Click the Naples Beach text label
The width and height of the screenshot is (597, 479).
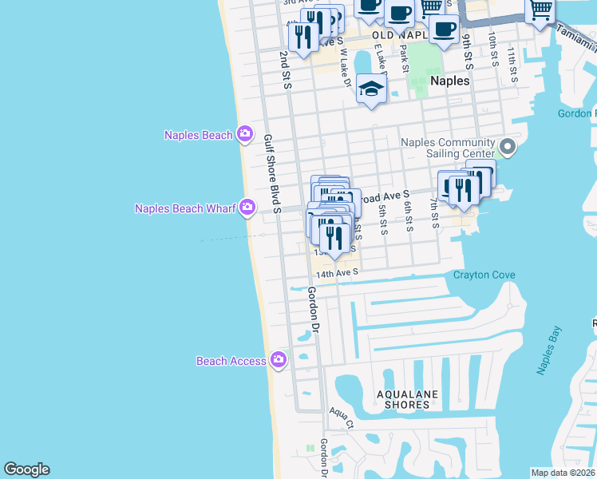click(x=198, y=135)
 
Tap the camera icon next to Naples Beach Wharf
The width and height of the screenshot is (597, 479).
click(x=247, y=208)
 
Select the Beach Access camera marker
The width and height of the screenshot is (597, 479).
click(x=278, y=361)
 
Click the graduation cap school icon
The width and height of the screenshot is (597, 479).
click(x=371, y=89)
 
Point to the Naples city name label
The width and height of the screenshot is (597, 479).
click(x=449, y=81)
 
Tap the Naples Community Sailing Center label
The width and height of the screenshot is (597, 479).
click(x=448, y=148)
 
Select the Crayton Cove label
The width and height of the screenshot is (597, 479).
click(x=484, y=275)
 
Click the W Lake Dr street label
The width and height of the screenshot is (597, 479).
click(x=344, y=68)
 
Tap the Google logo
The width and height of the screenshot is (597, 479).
click(x=26, y=469)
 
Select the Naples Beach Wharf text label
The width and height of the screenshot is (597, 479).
click(x=185, y=209)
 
